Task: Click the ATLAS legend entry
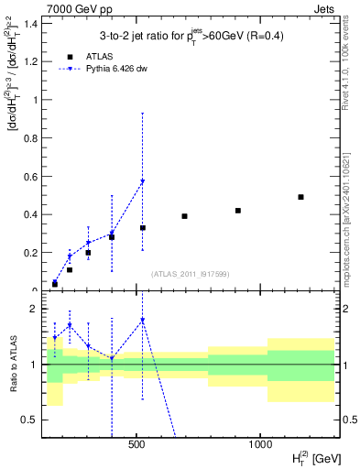(x=85, y=55)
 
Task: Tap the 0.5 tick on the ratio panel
(x=33, y=420)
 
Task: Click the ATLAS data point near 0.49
(x=300, y=197)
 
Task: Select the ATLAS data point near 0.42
(x=238, y=211)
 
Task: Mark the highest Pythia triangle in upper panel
(x=142, y=181)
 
